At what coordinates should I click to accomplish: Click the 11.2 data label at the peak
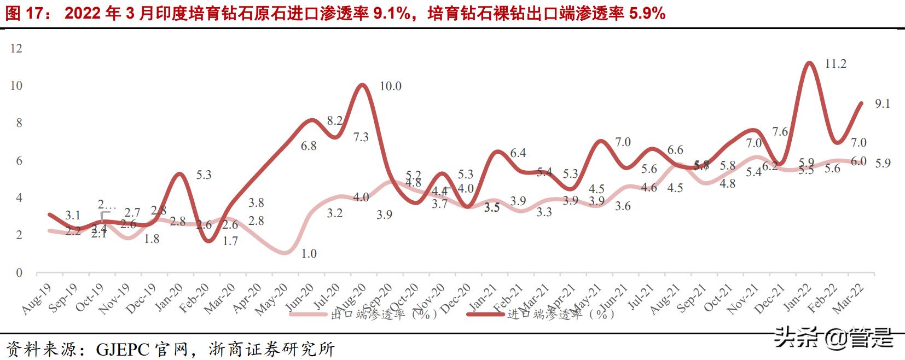836,64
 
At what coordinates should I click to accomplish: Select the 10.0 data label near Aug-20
390,86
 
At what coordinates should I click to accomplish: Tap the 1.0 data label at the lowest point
309,254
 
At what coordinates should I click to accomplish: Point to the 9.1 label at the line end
882,104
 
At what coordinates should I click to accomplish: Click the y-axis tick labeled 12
16,49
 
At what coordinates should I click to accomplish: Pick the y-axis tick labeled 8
19,123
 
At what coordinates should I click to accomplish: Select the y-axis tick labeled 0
19,273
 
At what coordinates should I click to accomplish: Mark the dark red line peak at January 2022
809,63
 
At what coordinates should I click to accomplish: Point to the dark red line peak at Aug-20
361,85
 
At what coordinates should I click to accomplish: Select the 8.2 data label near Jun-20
334,121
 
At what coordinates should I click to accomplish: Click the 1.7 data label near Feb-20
230,241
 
